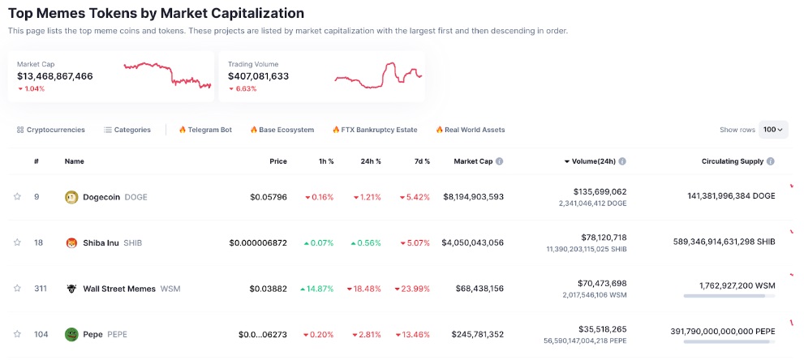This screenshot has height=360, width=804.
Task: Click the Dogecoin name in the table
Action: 101,197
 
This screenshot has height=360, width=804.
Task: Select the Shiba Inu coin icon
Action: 71,242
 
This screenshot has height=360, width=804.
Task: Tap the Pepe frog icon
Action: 71,334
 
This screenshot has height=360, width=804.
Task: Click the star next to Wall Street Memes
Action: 17,288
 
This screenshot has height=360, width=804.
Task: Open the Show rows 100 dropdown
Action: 773,130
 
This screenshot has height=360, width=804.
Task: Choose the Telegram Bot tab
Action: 205,130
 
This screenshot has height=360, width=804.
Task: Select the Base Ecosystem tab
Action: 282,130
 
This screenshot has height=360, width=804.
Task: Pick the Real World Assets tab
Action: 470,130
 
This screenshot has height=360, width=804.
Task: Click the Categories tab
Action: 127,130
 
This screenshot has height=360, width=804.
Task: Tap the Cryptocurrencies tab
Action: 50,130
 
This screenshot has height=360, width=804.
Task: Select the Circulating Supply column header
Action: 733,161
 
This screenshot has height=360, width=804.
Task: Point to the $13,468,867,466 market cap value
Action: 55,76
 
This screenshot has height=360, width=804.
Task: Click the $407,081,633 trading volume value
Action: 258,76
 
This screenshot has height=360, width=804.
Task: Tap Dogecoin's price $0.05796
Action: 268,197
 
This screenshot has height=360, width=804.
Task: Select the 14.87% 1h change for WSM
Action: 316,289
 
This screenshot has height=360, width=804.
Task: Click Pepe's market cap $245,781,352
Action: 474,334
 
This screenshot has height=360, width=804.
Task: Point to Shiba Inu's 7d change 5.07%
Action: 414,242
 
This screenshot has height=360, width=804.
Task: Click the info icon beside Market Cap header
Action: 499,161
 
